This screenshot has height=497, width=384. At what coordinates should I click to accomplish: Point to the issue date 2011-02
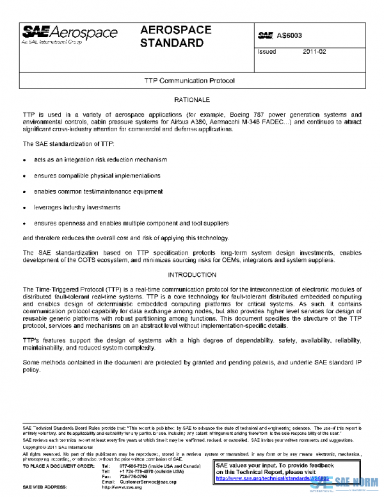coord(314,52)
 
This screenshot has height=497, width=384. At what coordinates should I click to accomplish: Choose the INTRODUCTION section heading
coord(191,275)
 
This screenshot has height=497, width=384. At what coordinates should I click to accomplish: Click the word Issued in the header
coord(267,52)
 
